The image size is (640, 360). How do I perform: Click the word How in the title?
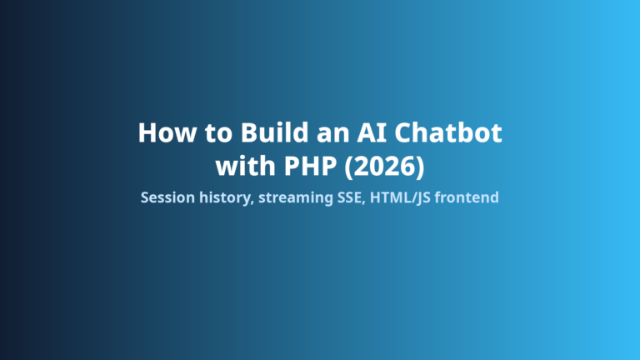(x=167, y=132)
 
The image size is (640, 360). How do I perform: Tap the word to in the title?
(x=218, y=133)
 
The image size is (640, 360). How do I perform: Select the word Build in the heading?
(x=275, y=132)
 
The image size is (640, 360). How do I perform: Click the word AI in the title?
(x=372, y=132)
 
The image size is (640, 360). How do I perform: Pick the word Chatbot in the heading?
(x=448, y=132)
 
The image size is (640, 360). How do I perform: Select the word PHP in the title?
(x=310, y=166)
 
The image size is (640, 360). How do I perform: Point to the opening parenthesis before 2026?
(x=349, y=167)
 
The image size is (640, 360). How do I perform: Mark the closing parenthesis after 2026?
(x=421, y=167)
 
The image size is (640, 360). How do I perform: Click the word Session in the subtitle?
(x=167, y=197)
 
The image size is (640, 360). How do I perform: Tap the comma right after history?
(x=252, y=202)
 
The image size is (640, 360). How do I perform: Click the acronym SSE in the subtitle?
(x=349, y=197)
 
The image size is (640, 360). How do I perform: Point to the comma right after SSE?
(x=363, y=202)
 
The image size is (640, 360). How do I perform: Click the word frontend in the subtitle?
(x=467, y=197)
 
